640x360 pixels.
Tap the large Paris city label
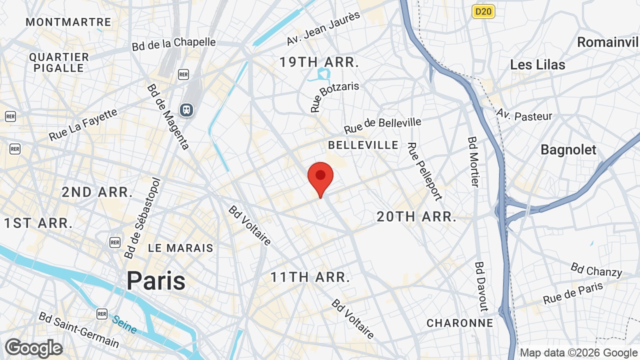pyautogui.click(x=156, y=280)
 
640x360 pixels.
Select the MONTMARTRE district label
pyautogui.click(x=68, y=22)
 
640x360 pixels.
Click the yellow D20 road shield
pyautogui.click(x=483, y=11)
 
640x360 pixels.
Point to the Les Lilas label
pyautogui.click(x=537, y=64)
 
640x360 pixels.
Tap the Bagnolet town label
pyautogui.click(x=568, y=149)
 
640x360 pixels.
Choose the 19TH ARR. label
pyautogui.click(x=319, y=62)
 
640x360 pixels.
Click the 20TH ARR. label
pyautogui.click(x=416, y=216)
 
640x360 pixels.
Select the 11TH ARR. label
pyautogui.click(x=310, y=277)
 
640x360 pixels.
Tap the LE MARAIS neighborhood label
pyautogui.click(x=180, y=248)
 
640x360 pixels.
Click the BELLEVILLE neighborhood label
pyautogui.click(x=363, y=145)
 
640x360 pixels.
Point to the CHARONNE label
pyautogui.click(x=460, y=323)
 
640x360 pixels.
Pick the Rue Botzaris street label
pyautogui.click(x=334, y=97)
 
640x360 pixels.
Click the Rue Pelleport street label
pyautogui.click(x=424, y=171)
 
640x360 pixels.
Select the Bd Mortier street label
pyautogui.click(x=473, y=161)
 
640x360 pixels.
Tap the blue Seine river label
pyautogui.click(x=124, y=324)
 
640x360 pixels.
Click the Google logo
pyautogui.click(x=33, y=348)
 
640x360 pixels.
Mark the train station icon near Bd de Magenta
pyautogui.click(x=186, y=109)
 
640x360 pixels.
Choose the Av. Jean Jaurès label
pyautogui.click(x=323, y=28)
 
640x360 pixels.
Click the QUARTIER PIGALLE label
pyautogui.click(x=59, y=62)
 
